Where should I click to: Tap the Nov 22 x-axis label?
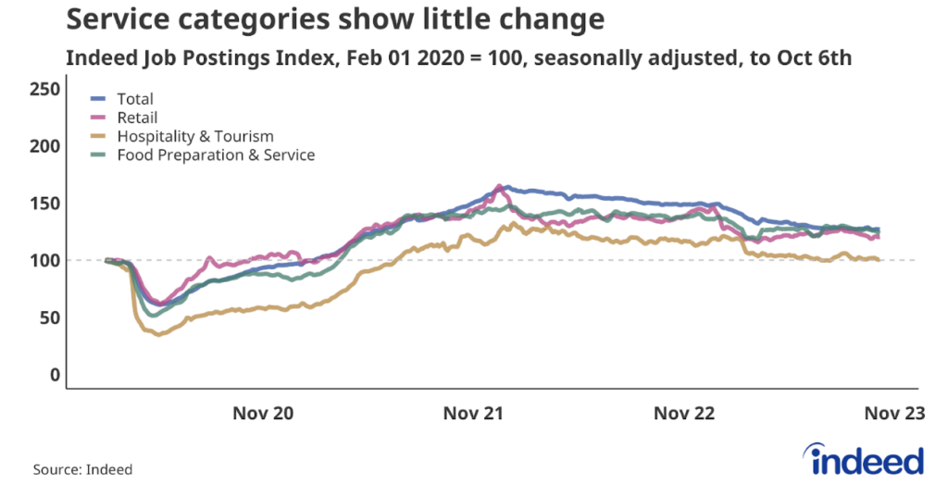click(684, 414)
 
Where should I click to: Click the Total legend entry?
click(134, 99)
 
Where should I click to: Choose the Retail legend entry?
click(137, 118)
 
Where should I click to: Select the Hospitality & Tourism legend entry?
click(194, 136)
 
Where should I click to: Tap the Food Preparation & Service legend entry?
click(215, 155)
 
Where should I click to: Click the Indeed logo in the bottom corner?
click(867, 459)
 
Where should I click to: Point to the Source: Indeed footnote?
click(82, 469)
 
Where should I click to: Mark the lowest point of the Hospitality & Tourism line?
click(158, 334)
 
